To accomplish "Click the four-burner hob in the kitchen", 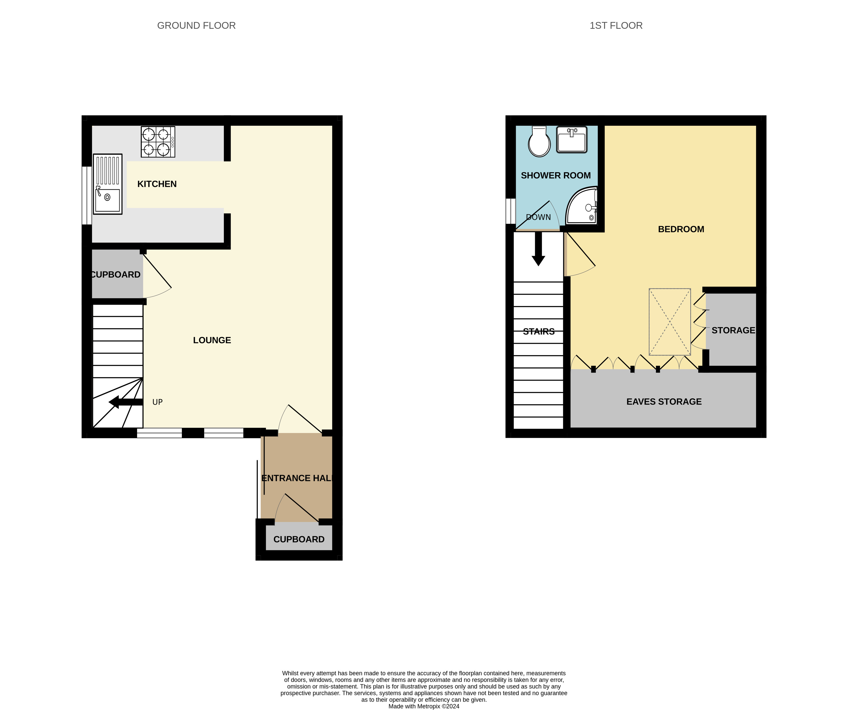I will (x=158, y=142).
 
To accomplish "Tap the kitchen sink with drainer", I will (x=107, y=184).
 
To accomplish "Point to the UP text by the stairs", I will (x=157, y=402).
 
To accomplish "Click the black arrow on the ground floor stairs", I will (x=125, y=402).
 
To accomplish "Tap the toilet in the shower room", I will (x=539, y=142).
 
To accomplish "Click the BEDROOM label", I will (x=681, y=229).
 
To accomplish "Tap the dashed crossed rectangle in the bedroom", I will (x=670, y=322).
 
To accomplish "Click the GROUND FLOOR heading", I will (x=196, y=25).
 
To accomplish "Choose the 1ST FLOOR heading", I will (x=616, y=25).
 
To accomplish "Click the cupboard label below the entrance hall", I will (x=299, y=539).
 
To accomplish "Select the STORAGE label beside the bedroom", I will (x=733, y=330).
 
